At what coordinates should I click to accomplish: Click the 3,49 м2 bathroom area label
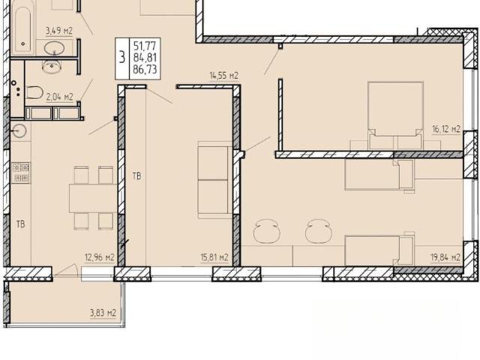[x=59, y=31]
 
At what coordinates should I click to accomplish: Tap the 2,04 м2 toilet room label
[x=60, y=97]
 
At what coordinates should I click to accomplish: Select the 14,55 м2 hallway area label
[x=224, y=76]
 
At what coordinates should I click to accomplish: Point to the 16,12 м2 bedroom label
[x=446, y=129]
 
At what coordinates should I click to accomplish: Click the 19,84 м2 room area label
[x=445, y=257]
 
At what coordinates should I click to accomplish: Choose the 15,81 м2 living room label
[x=214, y=257]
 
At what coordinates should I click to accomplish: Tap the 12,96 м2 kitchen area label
[x=100, y=257]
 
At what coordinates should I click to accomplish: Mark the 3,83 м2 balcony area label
[x=103, y=313]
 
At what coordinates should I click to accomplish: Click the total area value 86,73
[x=145, y=69]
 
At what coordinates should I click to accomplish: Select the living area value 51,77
[x=145, y=46]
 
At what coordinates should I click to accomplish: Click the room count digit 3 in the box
[x=122, y=57]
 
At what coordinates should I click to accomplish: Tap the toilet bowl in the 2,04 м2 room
[x=34, y=92]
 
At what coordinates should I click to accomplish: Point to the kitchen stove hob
[x=20, y=172]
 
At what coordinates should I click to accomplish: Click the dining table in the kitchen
[x=93, y=198]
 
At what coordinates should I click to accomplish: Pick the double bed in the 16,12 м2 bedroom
[x=395, y=115]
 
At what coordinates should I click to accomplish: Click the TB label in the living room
[x=136, y=176]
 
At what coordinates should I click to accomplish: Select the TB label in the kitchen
[x=20, y=224]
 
